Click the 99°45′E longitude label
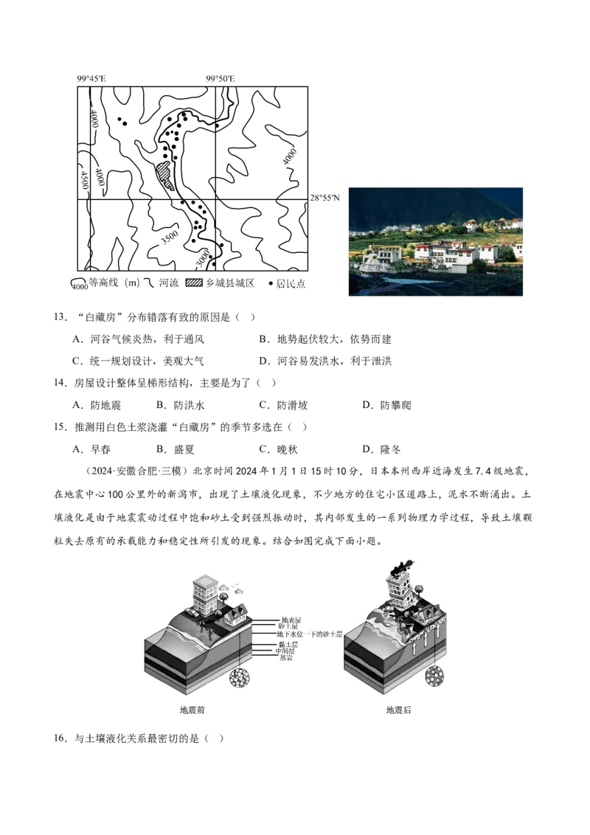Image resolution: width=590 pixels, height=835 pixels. tap(91, 79)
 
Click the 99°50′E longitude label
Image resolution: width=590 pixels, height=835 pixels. tap(221, 79)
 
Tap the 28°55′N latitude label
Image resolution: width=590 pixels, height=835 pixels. tap(324, 198)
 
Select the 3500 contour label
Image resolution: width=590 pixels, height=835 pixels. tap(170, 237)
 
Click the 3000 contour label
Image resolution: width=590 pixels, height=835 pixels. tap(203, 260)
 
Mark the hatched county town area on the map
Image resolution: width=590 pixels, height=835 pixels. tap(165, 176)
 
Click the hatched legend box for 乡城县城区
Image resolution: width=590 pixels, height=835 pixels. tap(194, 283)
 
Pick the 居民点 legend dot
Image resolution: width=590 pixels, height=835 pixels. tap(270, 284)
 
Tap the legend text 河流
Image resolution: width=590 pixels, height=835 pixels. tap(169, 283)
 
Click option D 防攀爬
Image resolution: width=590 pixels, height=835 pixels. tap(386, 405)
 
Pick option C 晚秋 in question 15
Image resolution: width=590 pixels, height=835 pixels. tap(278, 449)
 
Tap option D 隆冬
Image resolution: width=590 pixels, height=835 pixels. tap(381, 449)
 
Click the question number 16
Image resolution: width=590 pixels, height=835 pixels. tap(60, 738)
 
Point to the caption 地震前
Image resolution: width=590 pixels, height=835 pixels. tap(192, 710)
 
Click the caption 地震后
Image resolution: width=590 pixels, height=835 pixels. tap(398, 710)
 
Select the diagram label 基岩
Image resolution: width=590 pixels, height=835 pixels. tap(286, 658)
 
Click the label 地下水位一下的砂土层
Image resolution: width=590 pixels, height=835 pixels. tap(309, 634)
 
